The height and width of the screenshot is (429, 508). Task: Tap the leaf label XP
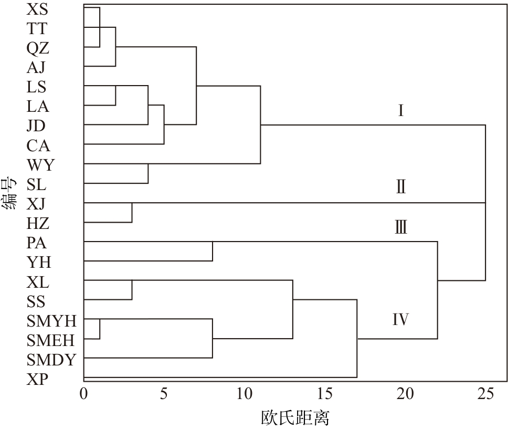tap(36, 380)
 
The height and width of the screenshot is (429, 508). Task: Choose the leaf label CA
tap(38, 145)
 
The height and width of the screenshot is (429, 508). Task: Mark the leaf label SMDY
tap(51, 360)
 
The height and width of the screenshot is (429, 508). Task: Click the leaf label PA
tap(36, 243)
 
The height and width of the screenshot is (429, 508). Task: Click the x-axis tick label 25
tap(485, 394)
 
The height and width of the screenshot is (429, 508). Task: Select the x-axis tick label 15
tap(325, 394)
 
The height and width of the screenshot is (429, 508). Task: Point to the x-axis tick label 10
tap(245, 394)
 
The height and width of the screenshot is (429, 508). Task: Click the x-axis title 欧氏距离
tap(295, 417)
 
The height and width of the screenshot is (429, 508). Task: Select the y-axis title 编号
tap(9, 194)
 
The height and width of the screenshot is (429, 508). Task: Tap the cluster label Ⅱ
tap(400, 187)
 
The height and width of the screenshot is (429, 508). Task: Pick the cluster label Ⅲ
tap(400, 227)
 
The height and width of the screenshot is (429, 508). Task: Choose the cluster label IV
tap(400, 319)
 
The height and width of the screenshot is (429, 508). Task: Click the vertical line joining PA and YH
tap(213, 251)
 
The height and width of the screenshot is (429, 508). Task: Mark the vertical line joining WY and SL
tap(148, 174)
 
